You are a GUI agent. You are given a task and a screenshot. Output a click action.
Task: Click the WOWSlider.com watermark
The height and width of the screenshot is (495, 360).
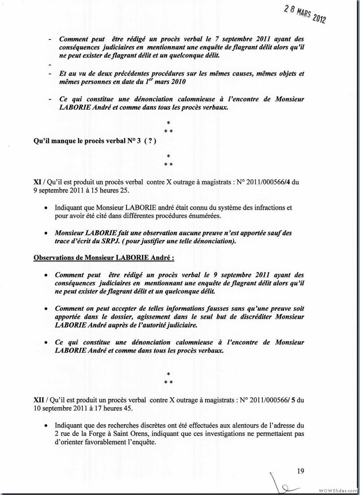[x=337, y=490]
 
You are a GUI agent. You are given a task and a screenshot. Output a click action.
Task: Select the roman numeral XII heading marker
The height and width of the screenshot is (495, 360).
[x=39, y=399]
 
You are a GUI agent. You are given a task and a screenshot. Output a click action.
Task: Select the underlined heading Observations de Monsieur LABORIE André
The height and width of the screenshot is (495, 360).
[x=104, y=258]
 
